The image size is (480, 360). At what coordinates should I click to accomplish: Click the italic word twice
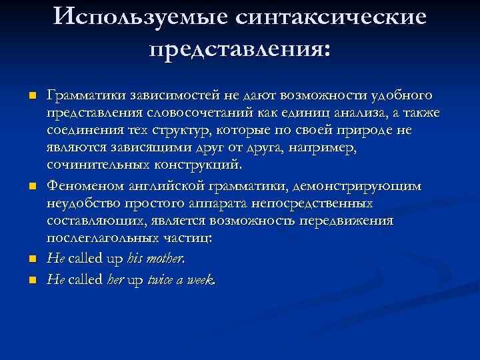[x=163, y=281]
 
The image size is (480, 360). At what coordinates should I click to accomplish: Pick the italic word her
[x=115, y=281]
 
